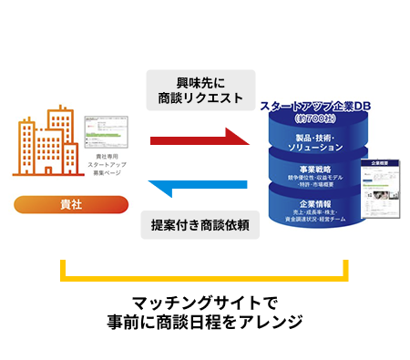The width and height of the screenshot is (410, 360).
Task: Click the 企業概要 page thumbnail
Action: coord(376,188)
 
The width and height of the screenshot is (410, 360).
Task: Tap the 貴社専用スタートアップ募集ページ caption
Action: coord(106,168)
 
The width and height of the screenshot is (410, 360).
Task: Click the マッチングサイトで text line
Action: coord(204,302)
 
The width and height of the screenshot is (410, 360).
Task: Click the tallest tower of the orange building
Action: coord(61,137)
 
